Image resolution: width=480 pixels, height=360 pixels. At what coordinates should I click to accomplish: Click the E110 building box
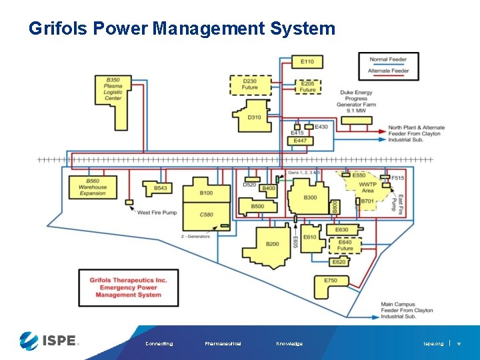(x=307, y=62)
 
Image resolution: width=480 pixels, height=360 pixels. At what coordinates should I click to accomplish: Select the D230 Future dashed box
(x=250, y=84)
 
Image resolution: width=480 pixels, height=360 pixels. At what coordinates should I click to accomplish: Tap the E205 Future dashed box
(x=307, y=87)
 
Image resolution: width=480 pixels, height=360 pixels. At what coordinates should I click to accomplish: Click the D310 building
(x=254, y=117)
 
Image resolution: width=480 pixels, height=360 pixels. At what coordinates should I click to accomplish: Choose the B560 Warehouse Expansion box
(x=92, y=187)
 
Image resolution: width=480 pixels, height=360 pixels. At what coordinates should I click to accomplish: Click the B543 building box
(x=160, y=189)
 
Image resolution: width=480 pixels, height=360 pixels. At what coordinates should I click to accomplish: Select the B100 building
(x=206, y=193)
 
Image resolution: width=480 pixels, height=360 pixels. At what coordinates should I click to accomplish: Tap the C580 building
(x=207, y=215)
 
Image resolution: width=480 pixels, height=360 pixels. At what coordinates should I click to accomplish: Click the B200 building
(x=272, y=244)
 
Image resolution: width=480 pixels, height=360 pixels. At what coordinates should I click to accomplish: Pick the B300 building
(x=310, y=197)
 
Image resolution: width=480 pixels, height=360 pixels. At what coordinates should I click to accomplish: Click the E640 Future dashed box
(x=345, y=245)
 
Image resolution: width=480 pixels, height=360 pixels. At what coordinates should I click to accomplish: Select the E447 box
(x=300, y=141)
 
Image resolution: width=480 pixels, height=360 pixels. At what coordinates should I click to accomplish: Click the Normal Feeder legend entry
(x=389, y=59)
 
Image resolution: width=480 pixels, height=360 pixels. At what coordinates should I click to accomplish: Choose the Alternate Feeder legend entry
(x=389, y=71)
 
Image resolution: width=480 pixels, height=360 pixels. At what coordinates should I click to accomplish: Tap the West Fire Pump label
(x=157, y=213)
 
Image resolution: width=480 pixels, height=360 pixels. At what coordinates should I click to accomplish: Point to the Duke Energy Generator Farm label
(x=355, y=101)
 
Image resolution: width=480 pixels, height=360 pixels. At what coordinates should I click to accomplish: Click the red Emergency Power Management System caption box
(x=129, y=287)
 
